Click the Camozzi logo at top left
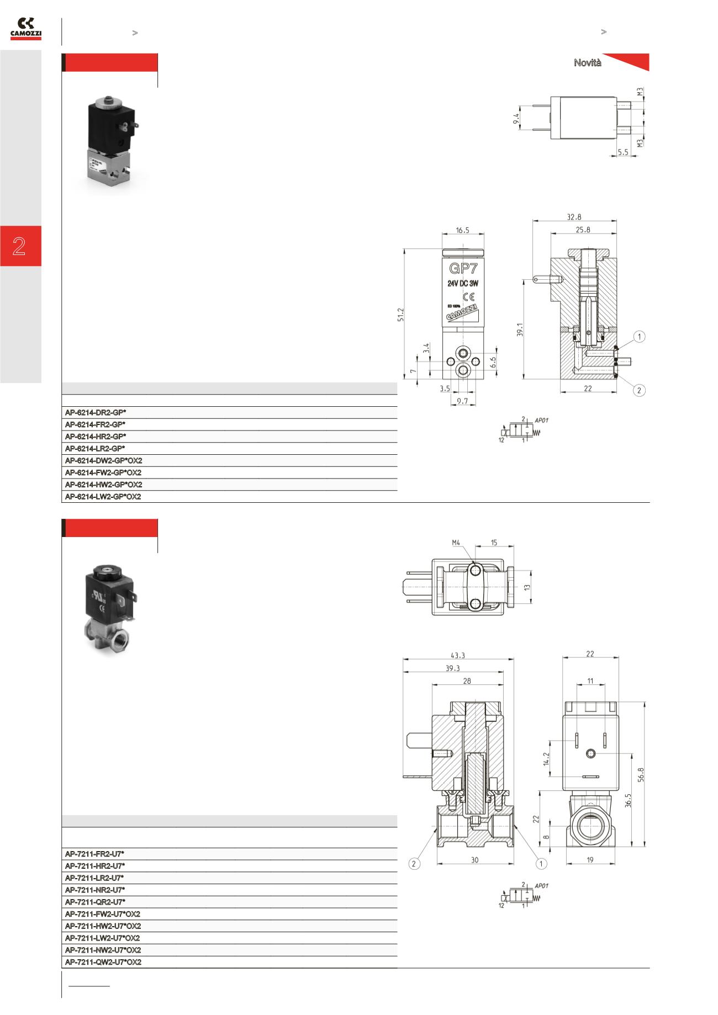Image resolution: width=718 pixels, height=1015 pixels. click(x=25, y=29)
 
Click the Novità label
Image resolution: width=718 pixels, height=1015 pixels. click(x=587, y=63)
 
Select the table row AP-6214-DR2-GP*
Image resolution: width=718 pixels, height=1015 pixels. click(x=96, y=413)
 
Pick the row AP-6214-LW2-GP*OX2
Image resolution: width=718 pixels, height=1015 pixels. click(x=103, y=497)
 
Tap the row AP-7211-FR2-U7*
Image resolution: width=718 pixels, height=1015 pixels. click(x=95, y=854)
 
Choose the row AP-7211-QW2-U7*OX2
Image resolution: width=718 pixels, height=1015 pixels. click(x=103, y=962)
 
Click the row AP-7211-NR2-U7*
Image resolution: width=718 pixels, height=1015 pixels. click(x=95, y=890)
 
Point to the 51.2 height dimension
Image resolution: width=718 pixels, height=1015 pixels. click(x=402, y=315)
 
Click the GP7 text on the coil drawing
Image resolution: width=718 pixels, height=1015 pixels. click(x=463, y=269)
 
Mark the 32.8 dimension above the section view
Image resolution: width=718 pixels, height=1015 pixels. click(x=574, y=217)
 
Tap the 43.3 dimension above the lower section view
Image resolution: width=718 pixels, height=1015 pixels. click(x=458, y=656)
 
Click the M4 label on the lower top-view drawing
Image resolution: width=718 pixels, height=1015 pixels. click(x=456, y=543)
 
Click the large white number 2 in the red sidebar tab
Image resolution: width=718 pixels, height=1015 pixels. click(x=20, y=246)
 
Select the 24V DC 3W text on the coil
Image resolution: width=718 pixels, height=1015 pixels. click(x=462, y=283)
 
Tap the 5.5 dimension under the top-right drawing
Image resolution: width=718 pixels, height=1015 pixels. click(x=623, y=152)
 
